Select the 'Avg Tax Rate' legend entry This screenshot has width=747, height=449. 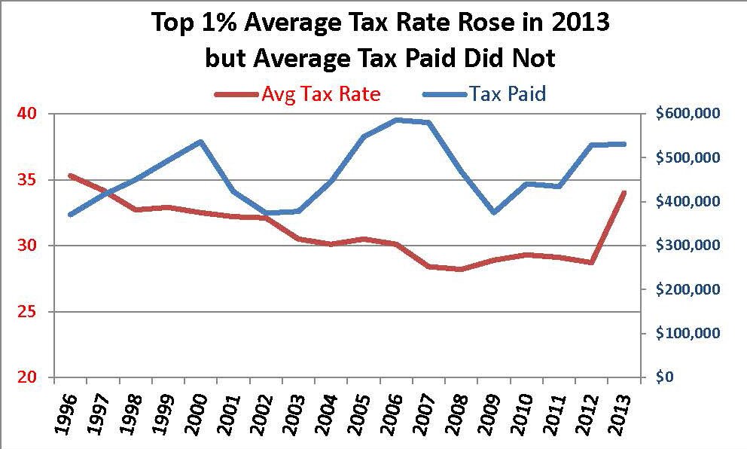tap(320, 94)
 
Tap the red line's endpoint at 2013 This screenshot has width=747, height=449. tap(624, 193)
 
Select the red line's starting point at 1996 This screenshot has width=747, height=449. tap(70, 176)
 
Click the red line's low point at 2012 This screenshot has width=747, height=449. tap(592, 262)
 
